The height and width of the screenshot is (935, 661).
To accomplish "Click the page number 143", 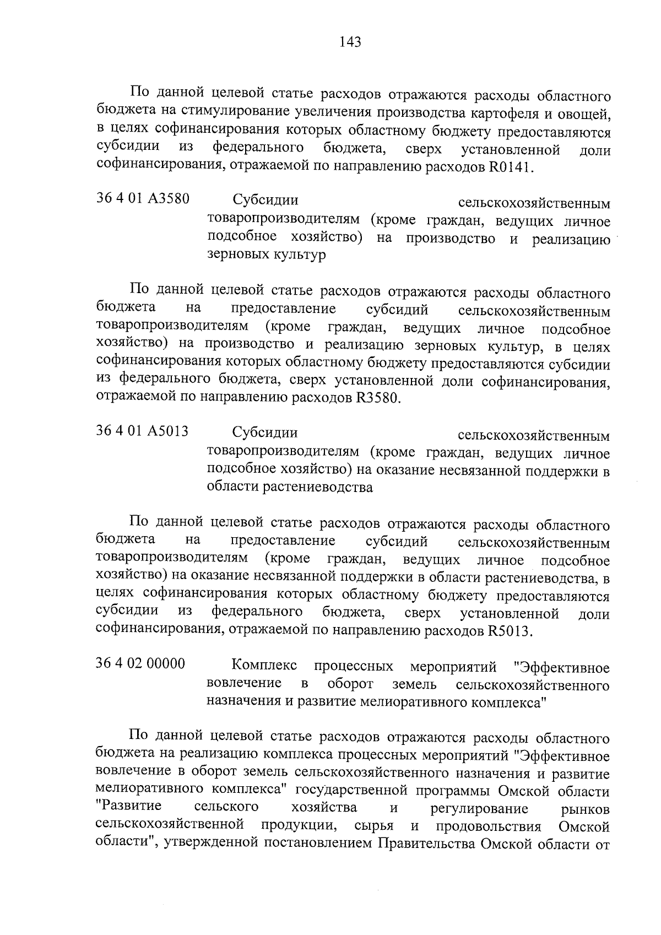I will tap(350, 41).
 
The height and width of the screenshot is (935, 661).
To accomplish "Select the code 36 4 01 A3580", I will tap(143, 198).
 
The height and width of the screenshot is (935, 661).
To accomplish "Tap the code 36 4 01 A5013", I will tap(143, 431).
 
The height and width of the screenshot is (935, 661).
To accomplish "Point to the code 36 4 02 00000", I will tap(141, 663).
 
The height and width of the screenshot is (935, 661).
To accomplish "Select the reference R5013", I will tap(510, 631).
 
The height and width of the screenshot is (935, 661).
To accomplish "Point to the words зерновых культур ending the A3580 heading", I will tap(266, 256).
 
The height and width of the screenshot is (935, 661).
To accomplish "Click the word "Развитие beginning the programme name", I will tap(129, 807).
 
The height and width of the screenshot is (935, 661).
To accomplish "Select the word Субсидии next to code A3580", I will tap(265, 199).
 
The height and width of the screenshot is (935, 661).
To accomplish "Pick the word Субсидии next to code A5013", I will tap(265, 432).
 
